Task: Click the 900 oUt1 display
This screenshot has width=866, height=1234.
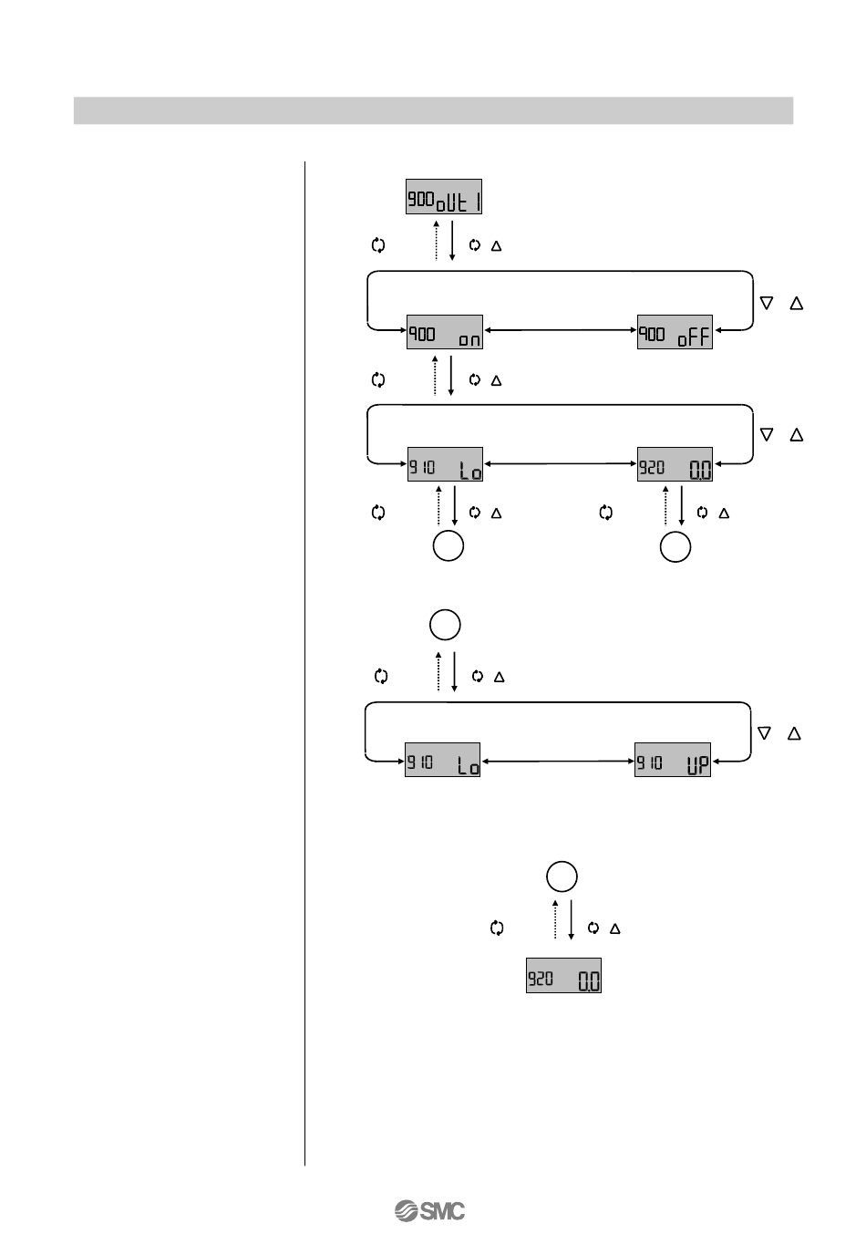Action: [x=443, y=197]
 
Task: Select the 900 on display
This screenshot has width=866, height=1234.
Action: [x=444, y=333]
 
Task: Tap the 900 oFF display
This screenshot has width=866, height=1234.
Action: [x=675, y=333]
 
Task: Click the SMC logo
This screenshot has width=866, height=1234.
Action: [x=429, y=1211]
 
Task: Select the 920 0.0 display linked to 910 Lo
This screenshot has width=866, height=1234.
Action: [x=675, y=467]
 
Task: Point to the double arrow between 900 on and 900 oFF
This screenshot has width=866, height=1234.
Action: [x=559, y=329]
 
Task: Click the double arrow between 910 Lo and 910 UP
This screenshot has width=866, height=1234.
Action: [x=557, y=759]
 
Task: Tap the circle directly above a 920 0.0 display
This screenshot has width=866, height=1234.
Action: [x=562, y=876]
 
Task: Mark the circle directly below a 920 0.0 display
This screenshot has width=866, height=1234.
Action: [x=675, y=546]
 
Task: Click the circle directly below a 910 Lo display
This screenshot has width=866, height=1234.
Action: [x=448, y=546]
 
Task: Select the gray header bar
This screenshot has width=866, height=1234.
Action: [x=433, y=110]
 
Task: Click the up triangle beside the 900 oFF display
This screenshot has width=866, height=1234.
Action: [x=796, y=304]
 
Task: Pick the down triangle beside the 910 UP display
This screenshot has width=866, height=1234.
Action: [x=765, y=733]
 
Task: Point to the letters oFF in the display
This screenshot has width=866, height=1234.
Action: [x=693, y=337]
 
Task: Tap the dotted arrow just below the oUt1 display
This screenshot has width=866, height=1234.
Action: [x=437, y=239]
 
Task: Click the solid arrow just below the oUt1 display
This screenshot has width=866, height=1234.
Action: [x=452, y=239]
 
